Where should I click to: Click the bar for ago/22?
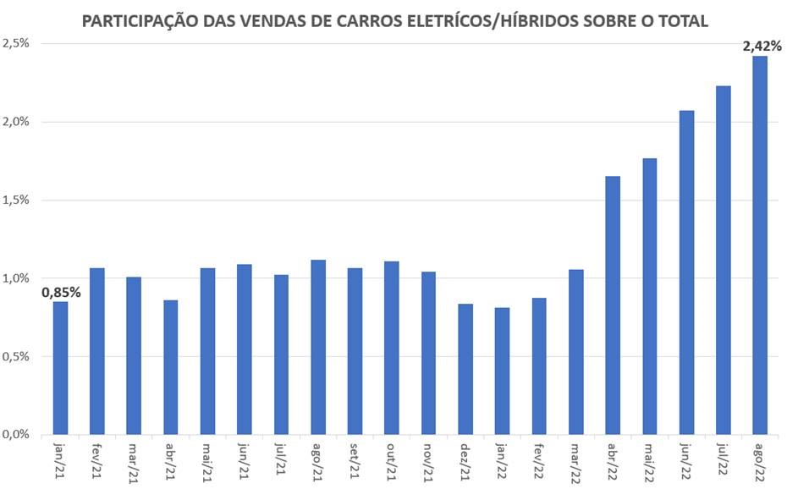[x=760, y=245]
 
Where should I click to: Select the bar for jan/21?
[x=60, y=368]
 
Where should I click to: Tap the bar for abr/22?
[x=613, y=305]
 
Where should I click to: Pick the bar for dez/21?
[x=465, y=369]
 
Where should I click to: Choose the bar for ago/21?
[x=318, y=347]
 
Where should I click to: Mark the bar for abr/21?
[x=171, y=367]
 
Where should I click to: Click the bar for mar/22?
[x=576, y=352]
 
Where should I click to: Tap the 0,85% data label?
[x=62, y=293]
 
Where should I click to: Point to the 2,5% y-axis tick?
[x=16, y=43]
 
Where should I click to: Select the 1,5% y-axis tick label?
[x=16, y=200]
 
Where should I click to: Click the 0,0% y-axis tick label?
[x=16, y=434]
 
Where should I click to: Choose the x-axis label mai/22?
[x=649, y=460]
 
